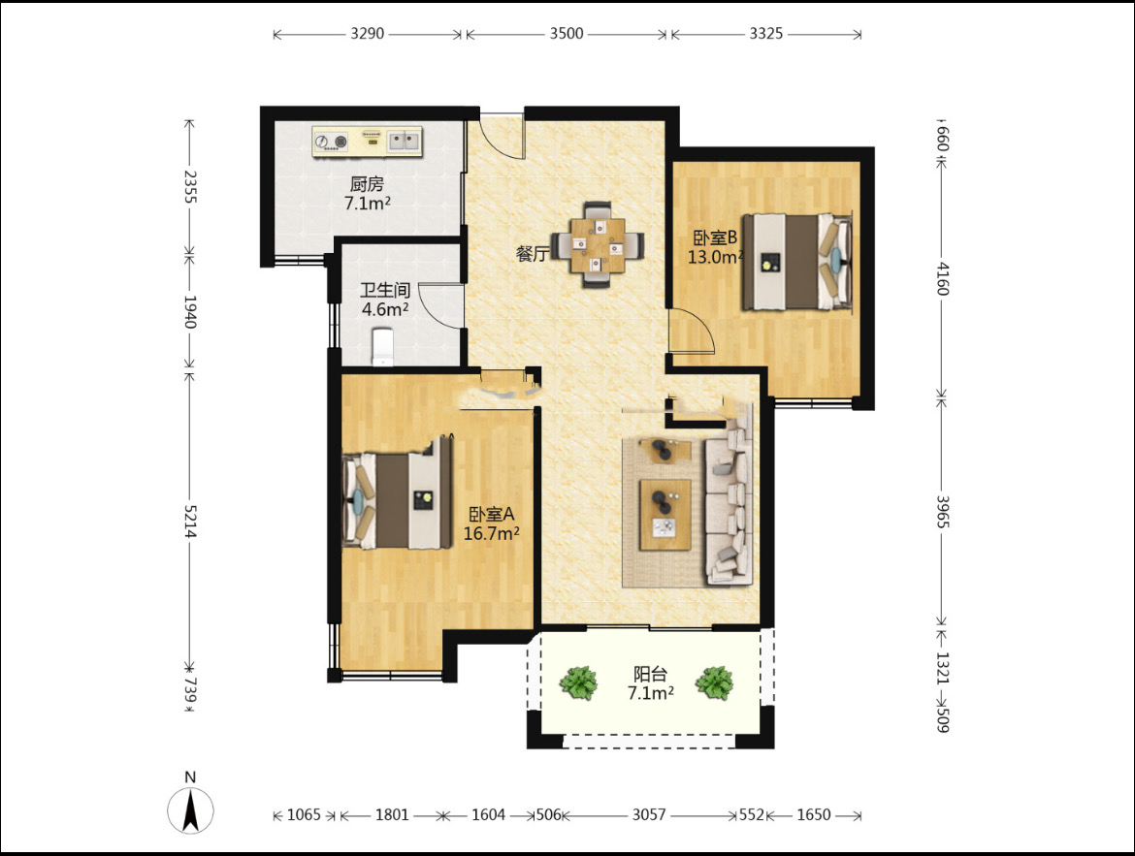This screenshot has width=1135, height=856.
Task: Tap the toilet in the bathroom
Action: pos(382,346)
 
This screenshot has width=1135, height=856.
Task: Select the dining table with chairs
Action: pos(598,244)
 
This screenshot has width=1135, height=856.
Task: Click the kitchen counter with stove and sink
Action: pos(367,142)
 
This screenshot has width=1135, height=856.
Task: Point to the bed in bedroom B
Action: pos(796,262)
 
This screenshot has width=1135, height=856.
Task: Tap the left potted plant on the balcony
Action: pos(578,683)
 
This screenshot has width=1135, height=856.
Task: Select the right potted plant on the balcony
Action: pos(714,683)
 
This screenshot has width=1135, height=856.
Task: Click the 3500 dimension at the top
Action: pos(567,33)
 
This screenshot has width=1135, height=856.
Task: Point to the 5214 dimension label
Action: pos(189,521)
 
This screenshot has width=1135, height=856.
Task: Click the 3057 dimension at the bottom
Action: pos(649,814)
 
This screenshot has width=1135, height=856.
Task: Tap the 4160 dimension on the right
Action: pos(942,278)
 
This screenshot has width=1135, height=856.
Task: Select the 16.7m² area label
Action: pos(492,534)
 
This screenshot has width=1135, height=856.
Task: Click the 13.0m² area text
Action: pos(715,257)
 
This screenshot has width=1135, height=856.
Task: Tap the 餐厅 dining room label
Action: pos(532,253)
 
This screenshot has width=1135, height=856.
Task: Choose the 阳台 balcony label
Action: pos(650,675)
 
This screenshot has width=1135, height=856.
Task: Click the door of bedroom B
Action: pos(692,332)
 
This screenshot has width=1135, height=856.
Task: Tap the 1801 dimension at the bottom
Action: pos(392,814)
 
